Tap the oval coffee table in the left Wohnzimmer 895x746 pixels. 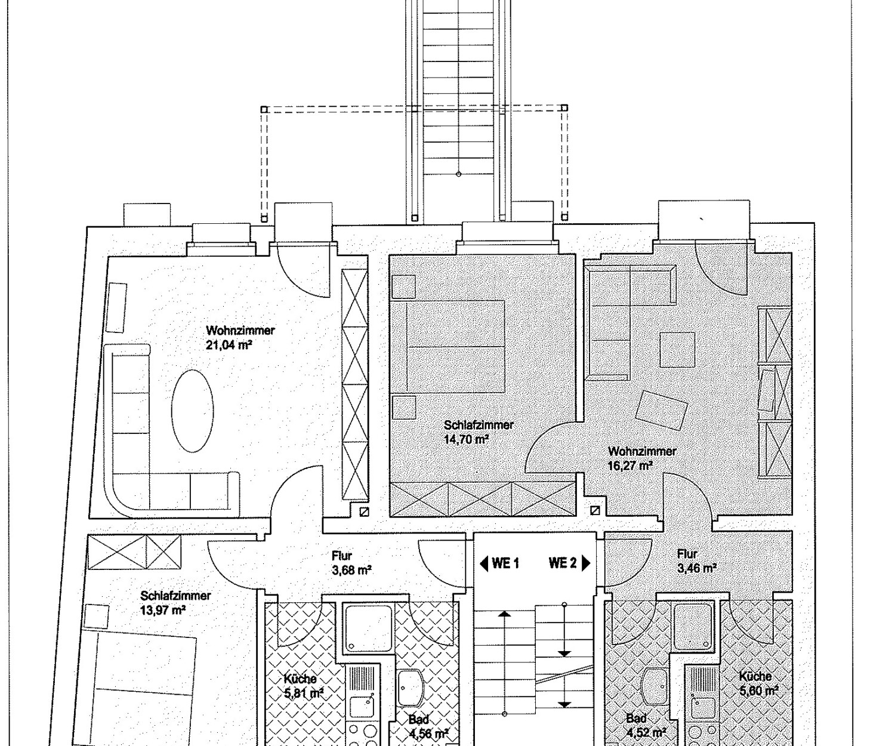point(193,411)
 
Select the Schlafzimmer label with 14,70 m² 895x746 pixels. point(479,431)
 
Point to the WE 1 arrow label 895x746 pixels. point(499,563)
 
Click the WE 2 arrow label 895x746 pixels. point(570,563)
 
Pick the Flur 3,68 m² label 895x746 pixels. point(351,563)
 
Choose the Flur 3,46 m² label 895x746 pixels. point(697,561)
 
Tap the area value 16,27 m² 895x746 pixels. point(630,466)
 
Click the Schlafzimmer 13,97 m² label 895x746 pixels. point(176,603)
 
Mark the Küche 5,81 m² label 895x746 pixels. point(304,686)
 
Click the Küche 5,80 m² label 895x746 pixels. point(759,683)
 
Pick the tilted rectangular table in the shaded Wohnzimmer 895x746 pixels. point(661,411)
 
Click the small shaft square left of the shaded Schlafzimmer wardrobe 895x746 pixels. point(364,511)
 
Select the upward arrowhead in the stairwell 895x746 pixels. point(505,614)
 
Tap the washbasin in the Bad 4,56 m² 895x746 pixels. point(411,688)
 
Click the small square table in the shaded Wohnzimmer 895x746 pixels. point(677,350)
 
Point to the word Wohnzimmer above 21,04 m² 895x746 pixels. point(240,331)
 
